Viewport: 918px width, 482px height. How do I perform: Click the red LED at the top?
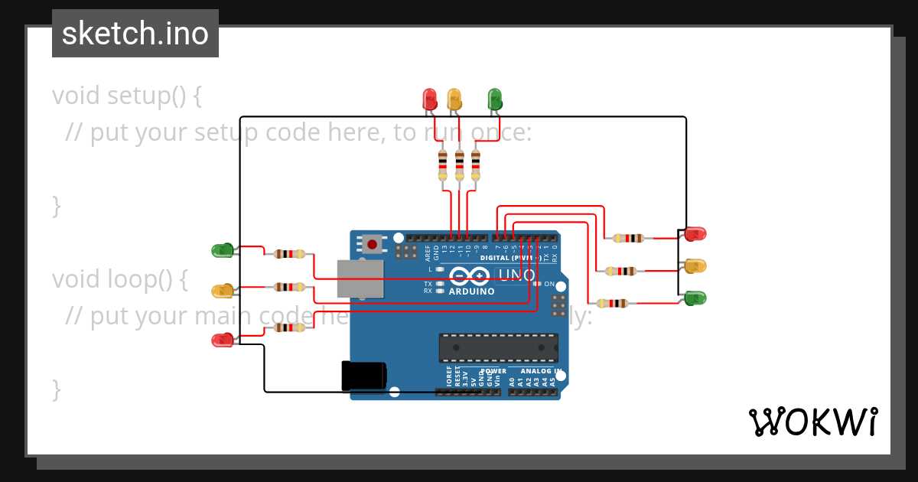click(x=429, y=99)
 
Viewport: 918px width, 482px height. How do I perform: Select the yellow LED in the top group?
click(x=454, y=99)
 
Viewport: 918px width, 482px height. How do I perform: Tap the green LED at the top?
click(x=494, y=99)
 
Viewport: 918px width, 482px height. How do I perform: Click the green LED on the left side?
click(x=223, y=250)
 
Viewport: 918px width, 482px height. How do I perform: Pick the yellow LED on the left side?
click(x=223, y=291)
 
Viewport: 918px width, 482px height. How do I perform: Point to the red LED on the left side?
click(x=223, y=340)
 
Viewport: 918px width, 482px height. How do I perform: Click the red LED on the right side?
click(x=695, y=233)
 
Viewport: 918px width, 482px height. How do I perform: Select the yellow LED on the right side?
click(x=695, y=266)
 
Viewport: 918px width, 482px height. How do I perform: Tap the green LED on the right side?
click(x=695, y=298)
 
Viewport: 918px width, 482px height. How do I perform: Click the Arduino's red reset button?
click(x=372, y=245)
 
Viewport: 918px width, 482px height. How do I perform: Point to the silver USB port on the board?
click(x=360, y=278)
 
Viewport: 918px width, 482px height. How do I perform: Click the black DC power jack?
click(x=364, y=375)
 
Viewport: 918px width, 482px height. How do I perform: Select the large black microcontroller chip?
click(x=498, y=347)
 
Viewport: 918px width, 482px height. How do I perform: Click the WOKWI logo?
click(x=812, y=422)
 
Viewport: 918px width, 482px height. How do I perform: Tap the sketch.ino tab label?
click(x=135, y=34)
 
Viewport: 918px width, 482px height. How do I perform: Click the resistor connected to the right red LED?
click(x=628, y=238)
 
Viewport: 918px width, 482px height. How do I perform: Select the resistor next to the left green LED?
click(x=289, y=254)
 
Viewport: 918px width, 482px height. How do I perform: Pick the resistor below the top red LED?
click(x=442, y=165)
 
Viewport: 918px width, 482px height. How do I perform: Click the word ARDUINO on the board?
click(x=471, y=291)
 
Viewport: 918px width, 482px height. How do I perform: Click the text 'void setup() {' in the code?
click(x=127, y=96)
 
